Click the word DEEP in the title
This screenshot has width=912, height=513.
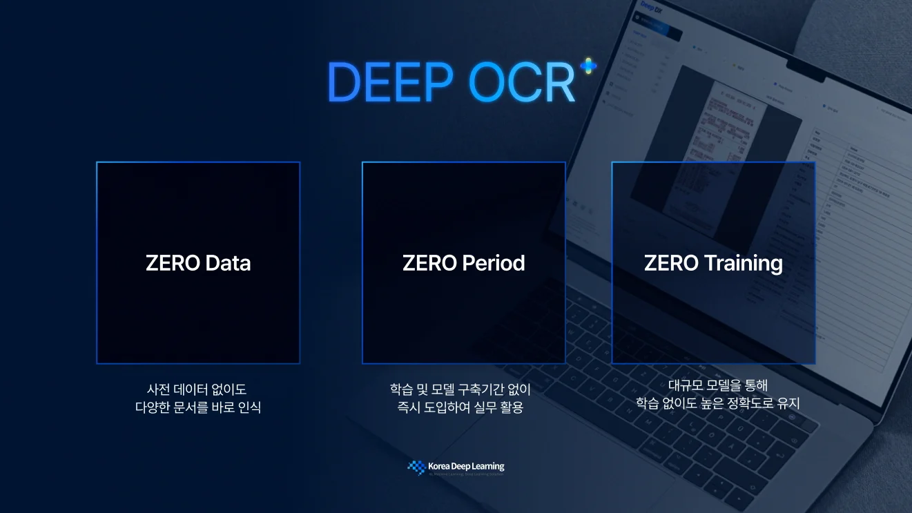pos(390,82)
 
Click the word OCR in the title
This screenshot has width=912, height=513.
pos(522,82)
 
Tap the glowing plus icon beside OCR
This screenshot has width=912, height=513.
pos(588,66)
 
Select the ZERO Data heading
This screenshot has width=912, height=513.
pos(198,263)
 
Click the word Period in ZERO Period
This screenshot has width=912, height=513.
pos(494,263)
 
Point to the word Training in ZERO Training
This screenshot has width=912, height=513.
pos(743,263)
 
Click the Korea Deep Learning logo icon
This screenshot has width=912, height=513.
pos(416,467)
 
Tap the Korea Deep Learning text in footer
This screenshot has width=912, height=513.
pos(466,467)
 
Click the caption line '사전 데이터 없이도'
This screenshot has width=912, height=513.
pos(197,390)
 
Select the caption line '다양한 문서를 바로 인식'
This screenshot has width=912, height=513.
pos(197,407)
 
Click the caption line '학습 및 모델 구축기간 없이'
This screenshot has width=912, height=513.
pos(460,390)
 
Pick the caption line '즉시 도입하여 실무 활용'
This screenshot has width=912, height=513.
pos(460,407)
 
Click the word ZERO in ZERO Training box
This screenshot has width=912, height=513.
pos(671,263)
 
